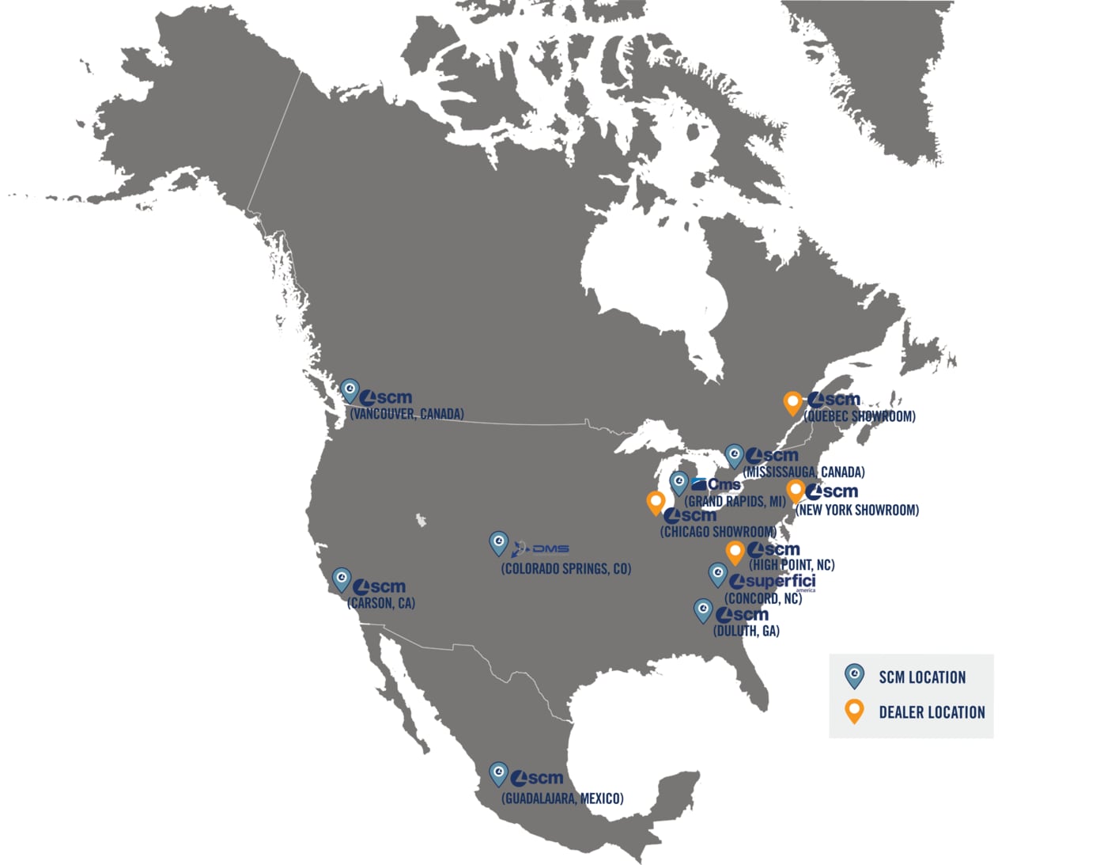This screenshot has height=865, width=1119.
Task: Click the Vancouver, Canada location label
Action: click(x=406, y=414)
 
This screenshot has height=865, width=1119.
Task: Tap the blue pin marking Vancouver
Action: click(x=350, y=390)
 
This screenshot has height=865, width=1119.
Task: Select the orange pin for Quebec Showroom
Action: click(x=792, y=402)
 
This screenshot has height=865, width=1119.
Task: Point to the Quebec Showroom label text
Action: click(x=860, y=416)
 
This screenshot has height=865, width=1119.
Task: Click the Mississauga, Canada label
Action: click(x=803, y=472)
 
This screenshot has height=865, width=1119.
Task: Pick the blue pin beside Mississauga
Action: click(x=735, y=455)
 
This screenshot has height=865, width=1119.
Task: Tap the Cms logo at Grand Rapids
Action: click(x=716, y=484)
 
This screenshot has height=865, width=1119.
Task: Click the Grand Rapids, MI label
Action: click(x=735, y=501)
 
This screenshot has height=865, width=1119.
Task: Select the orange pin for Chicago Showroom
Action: click(x=656, y=501)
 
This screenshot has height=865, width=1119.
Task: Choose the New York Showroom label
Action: click(x=857, y=510)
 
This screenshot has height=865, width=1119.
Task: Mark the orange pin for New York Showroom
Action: click(x=796, y=490)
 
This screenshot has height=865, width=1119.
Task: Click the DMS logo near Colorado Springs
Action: click(x=540, y=548)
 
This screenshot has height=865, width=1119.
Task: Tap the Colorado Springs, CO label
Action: click(x=565, y=569)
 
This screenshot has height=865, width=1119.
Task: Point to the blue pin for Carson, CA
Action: click(x=342, y=579)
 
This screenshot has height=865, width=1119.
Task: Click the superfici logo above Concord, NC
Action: click(x=773, y=582)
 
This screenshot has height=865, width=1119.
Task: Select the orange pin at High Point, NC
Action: click(x=735, y=552)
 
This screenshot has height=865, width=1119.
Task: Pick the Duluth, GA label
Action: click(x=746, y=631)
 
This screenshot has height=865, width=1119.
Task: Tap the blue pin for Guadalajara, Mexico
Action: click(x=498, y=772)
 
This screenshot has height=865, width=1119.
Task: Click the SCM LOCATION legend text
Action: click(x=922, y=677)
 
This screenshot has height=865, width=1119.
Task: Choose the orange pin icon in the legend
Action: click(x=854, y=710)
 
